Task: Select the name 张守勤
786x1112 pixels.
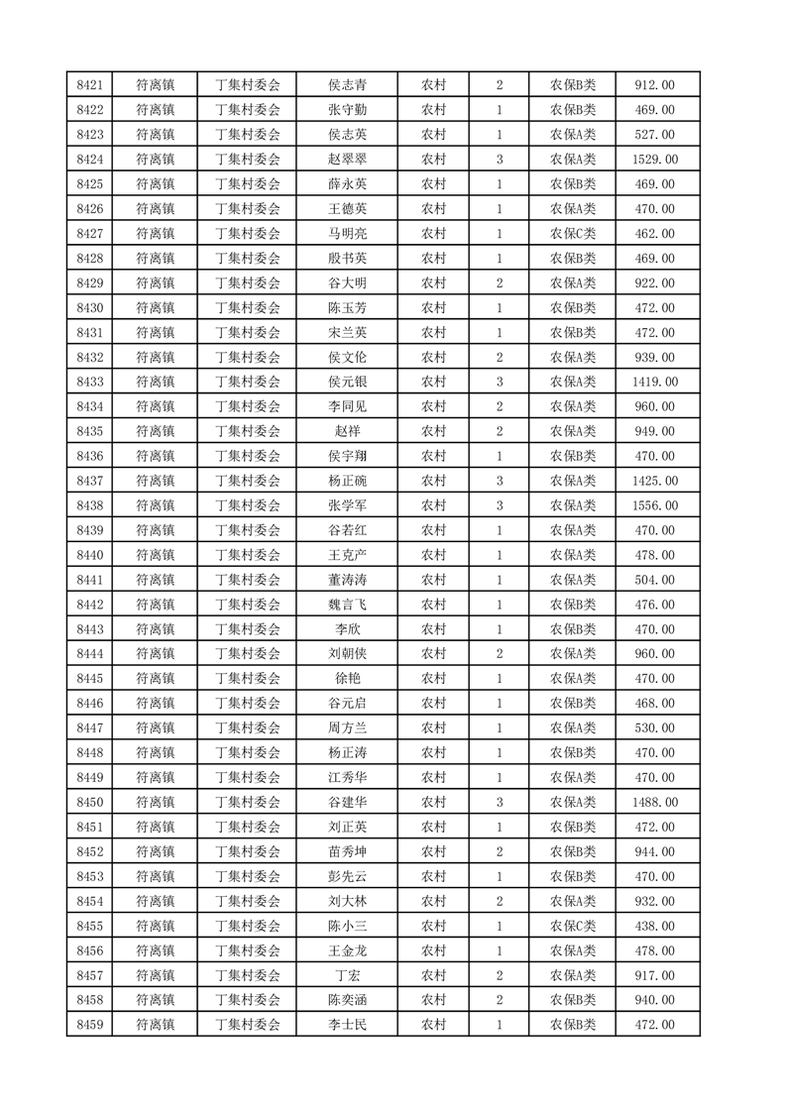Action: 347,110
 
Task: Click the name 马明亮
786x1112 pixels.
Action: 347,234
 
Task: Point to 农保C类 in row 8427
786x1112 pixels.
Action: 573,234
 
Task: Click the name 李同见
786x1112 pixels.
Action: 347,406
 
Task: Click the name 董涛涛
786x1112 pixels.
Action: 347,580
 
